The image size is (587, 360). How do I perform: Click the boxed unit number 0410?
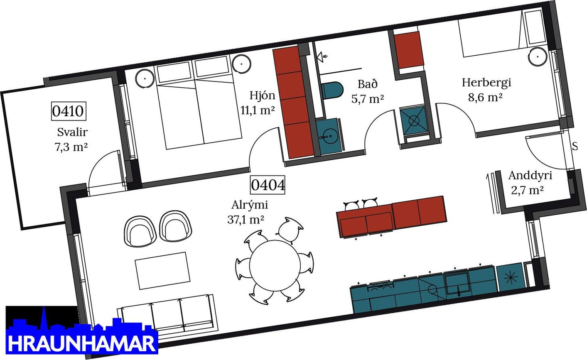click(x=69, y=111)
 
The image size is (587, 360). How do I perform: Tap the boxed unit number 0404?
click(x=268, y=185)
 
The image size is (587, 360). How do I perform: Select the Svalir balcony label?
click(x=72, y=132)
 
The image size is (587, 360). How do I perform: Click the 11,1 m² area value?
click(x=258, y=110)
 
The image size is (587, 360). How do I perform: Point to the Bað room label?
click(x=367, y=84)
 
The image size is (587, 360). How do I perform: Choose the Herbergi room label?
click(x=486, y=83)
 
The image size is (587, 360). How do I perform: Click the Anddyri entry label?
click(x=530, y=175)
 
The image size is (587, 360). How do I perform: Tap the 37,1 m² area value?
click(x=246, y=219)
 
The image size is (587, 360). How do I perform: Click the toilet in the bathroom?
click(x=332, y=90)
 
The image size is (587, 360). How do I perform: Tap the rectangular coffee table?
click(x=162, y=271)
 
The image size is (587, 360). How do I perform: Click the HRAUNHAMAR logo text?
click(x=82, y=343)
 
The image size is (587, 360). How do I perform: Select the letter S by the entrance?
click(x=575, y=147)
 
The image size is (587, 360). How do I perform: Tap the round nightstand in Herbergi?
click(x=538, y=56)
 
